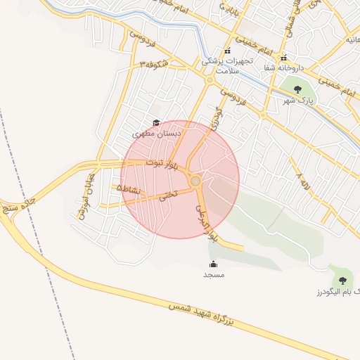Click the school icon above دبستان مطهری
click(156, 122)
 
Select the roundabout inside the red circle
click(195, 181)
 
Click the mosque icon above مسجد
click(213, 264)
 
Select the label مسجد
click(213, 275)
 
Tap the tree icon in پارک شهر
click(297, 89)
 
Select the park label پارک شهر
click(297, 101)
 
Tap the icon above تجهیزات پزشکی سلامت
click(226, 51)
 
